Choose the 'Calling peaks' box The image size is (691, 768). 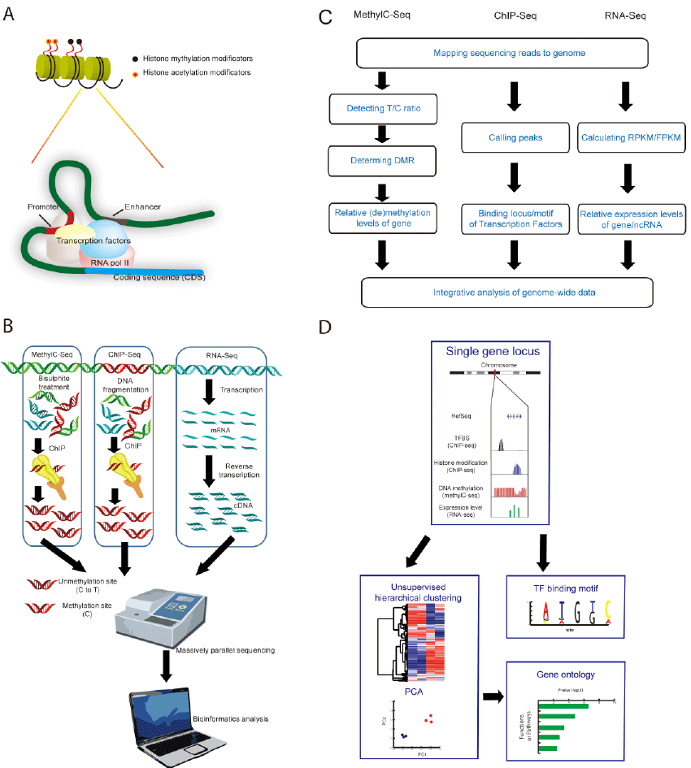(x=512, y=138)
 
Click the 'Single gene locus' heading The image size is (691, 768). (x=493, y=352)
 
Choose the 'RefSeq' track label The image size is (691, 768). (x=462, y=415)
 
